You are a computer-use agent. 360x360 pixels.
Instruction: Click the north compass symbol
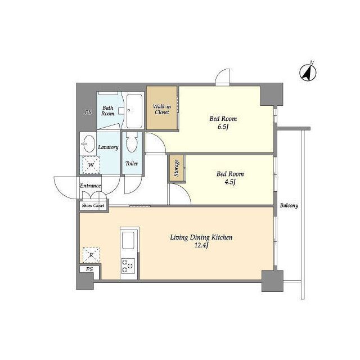tap(308, 73)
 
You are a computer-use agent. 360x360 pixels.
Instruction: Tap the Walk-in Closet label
tap(162, 109)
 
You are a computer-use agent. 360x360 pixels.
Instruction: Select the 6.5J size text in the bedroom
tap(223, 127)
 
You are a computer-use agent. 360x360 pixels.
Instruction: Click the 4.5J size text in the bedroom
tap(230, 182)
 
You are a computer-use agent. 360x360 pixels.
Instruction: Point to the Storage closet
tap(177, 168)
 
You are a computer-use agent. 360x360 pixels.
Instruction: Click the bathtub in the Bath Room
tap(134, 111)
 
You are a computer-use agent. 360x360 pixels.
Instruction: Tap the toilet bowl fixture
tap(132, 142)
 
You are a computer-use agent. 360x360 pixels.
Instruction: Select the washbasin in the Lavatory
tap(89, 144)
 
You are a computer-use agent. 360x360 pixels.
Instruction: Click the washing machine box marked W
tap(91, 165)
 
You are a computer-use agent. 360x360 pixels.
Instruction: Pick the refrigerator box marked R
tap(91, 255)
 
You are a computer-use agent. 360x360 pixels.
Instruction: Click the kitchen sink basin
tap(128, 240)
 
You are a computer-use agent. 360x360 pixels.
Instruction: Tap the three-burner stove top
tap(128, 266)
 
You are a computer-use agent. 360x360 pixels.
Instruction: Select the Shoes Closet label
tap(93, 205)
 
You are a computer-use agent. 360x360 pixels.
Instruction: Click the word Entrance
tap(90, 186)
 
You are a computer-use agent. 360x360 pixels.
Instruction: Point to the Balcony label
tap(289, 205)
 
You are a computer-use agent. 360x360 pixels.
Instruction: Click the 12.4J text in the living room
tap(201, 245)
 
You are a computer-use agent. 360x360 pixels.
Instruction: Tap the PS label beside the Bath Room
tap(88, 112)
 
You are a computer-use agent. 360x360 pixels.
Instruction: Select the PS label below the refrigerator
tap(89, 269)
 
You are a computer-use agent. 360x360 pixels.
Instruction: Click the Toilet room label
tap(132, 164)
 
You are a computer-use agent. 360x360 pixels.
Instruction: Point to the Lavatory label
tap(108, 147)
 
